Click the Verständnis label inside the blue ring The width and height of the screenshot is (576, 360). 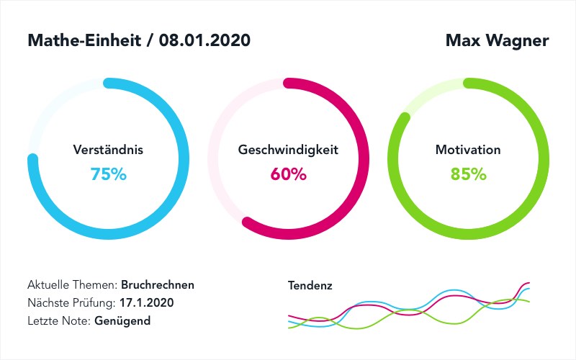(108, 150)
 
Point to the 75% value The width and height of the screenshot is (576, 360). (108, 174)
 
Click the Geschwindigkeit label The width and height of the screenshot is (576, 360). (288, 150)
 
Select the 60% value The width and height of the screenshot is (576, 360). (288, 174)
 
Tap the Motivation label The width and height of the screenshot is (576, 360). (468, 150)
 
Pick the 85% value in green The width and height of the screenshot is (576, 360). (468, 174)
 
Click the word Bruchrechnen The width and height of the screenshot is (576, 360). (158, 284)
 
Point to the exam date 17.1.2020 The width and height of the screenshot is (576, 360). (147, 302)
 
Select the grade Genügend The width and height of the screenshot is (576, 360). (122, 320)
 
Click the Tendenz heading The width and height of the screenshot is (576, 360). (310, 285)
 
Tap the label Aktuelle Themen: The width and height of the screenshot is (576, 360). (73, 284)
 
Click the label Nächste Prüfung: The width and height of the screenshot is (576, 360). (71, 302)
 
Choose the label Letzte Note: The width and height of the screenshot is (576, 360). (60, 320)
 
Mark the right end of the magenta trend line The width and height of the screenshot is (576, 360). (529, 283)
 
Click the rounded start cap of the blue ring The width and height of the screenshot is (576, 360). (108, 83)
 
